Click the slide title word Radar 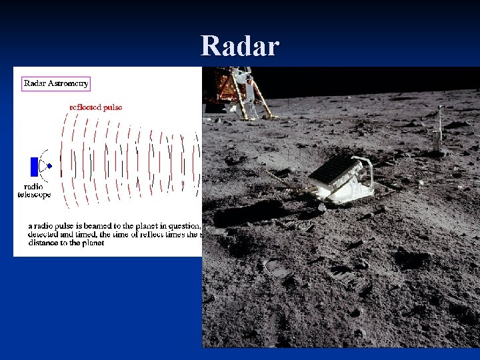click(240, 46)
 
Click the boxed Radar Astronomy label click(56, 83)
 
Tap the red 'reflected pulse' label click(96, 107)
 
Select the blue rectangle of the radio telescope click(35, 166)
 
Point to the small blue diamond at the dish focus click(49, 165)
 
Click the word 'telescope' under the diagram click(34, 195)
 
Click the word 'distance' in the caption click(43, 243)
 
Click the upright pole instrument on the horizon click(439, 130)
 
